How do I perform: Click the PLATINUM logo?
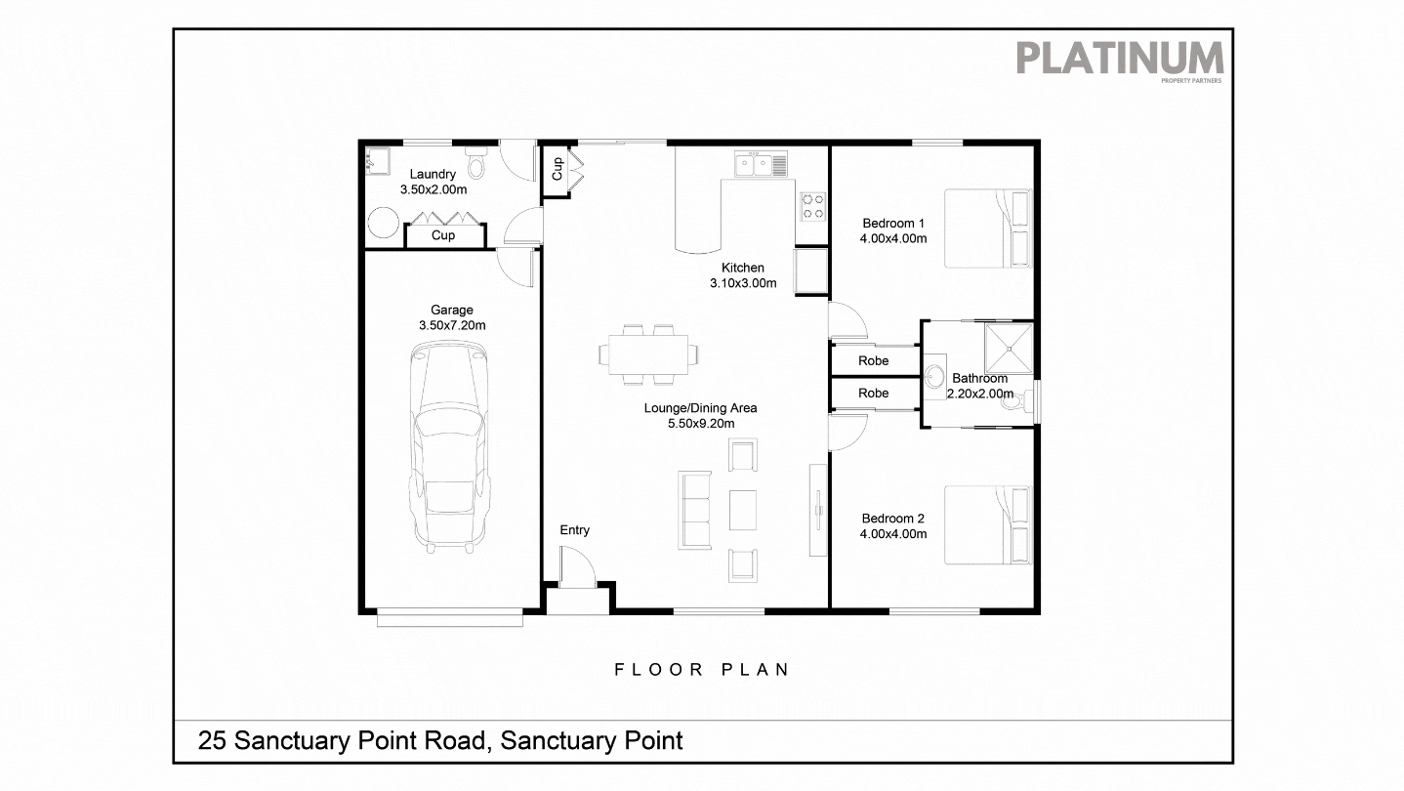point(1120,61)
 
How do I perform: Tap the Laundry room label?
point(433,174)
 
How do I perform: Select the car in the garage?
point(449,446)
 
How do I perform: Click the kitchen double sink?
point(761,164)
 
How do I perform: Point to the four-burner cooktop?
point(813,207)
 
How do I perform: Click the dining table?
point(648,354)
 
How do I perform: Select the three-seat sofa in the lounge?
point(694,510)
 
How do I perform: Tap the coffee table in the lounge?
point(743,510)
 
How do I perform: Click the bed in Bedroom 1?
point(988,229)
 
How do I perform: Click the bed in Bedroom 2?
point(988,525)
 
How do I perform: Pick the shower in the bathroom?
point(1009,349)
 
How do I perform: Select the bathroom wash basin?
point(935,377)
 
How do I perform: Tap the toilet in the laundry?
point(475,162)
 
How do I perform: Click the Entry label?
point(575,530)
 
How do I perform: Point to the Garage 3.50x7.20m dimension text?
point(452,325)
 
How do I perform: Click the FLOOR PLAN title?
point(701,670)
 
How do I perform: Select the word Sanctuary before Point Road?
point(295,741)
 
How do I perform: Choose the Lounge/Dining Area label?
point(701,408)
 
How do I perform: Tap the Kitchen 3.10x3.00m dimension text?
point(743,283)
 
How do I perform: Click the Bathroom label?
point(979,378)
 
